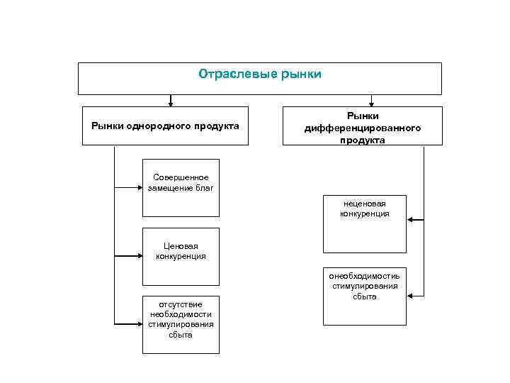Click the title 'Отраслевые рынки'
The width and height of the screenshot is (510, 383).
pos(259,74)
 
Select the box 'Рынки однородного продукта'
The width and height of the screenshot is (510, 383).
pos(165,126)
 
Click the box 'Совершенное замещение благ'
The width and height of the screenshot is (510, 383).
pos(181,187)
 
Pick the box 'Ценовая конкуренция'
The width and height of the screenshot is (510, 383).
pos(181,256)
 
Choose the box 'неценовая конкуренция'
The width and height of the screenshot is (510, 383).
pos(365,223)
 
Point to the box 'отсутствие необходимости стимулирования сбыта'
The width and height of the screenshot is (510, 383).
pos(181,324)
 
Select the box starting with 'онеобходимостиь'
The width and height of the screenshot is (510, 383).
pos(365,296)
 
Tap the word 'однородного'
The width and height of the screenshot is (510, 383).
pos(156,126)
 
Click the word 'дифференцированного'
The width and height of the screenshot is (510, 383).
pos(362,128)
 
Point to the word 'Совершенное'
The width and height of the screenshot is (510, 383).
pos(181,177)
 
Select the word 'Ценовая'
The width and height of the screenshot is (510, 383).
pos(181,246)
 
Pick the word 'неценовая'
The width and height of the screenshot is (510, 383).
pos(365,204)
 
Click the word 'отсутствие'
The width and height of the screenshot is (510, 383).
pos(181,304)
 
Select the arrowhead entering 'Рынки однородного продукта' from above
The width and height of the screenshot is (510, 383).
pos(170,103)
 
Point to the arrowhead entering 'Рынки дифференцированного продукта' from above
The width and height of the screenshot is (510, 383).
pos(371,103)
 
